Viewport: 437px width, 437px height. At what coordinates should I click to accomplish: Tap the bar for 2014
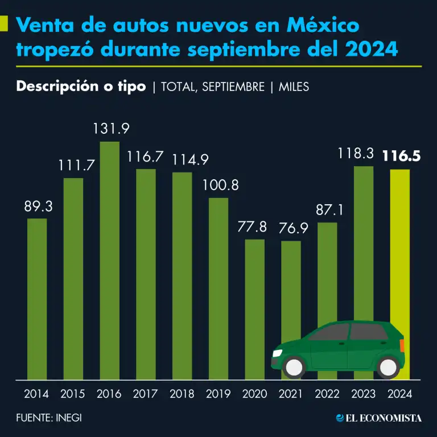coord(37,299)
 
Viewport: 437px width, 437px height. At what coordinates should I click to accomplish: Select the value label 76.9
coord(291,228)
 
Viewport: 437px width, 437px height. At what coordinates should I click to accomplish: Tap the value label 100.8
coord(218,185)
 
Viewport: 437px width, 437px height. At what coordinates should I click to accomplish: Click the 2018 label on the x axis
coord(182,394)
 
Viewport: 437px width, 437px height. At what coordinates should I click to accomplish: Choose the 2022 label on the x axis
coord(327,394)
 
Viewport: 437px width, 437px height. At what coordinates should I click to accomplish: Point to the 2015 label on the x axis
coord(73,394)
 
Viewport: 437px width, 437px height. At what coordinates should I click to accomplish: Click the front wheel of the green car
coord(295,367)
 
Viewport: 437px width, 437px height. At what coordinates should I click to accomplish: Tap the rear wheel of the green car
coord(389,367)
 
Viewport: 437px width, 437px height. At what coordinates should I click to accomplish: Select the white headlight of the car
coord(278,353)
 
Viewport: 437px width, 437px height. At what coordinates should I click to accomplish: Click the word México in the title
coord(323,26)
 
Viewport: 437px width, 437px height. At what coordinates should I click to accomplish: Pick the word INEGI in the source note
coord(69,418)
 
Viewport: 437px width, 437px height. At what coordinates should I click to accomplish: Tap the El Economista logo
coord(378,418)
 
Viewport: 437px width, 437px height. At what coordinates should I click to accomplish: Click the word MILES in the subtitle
coord(294,87)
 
